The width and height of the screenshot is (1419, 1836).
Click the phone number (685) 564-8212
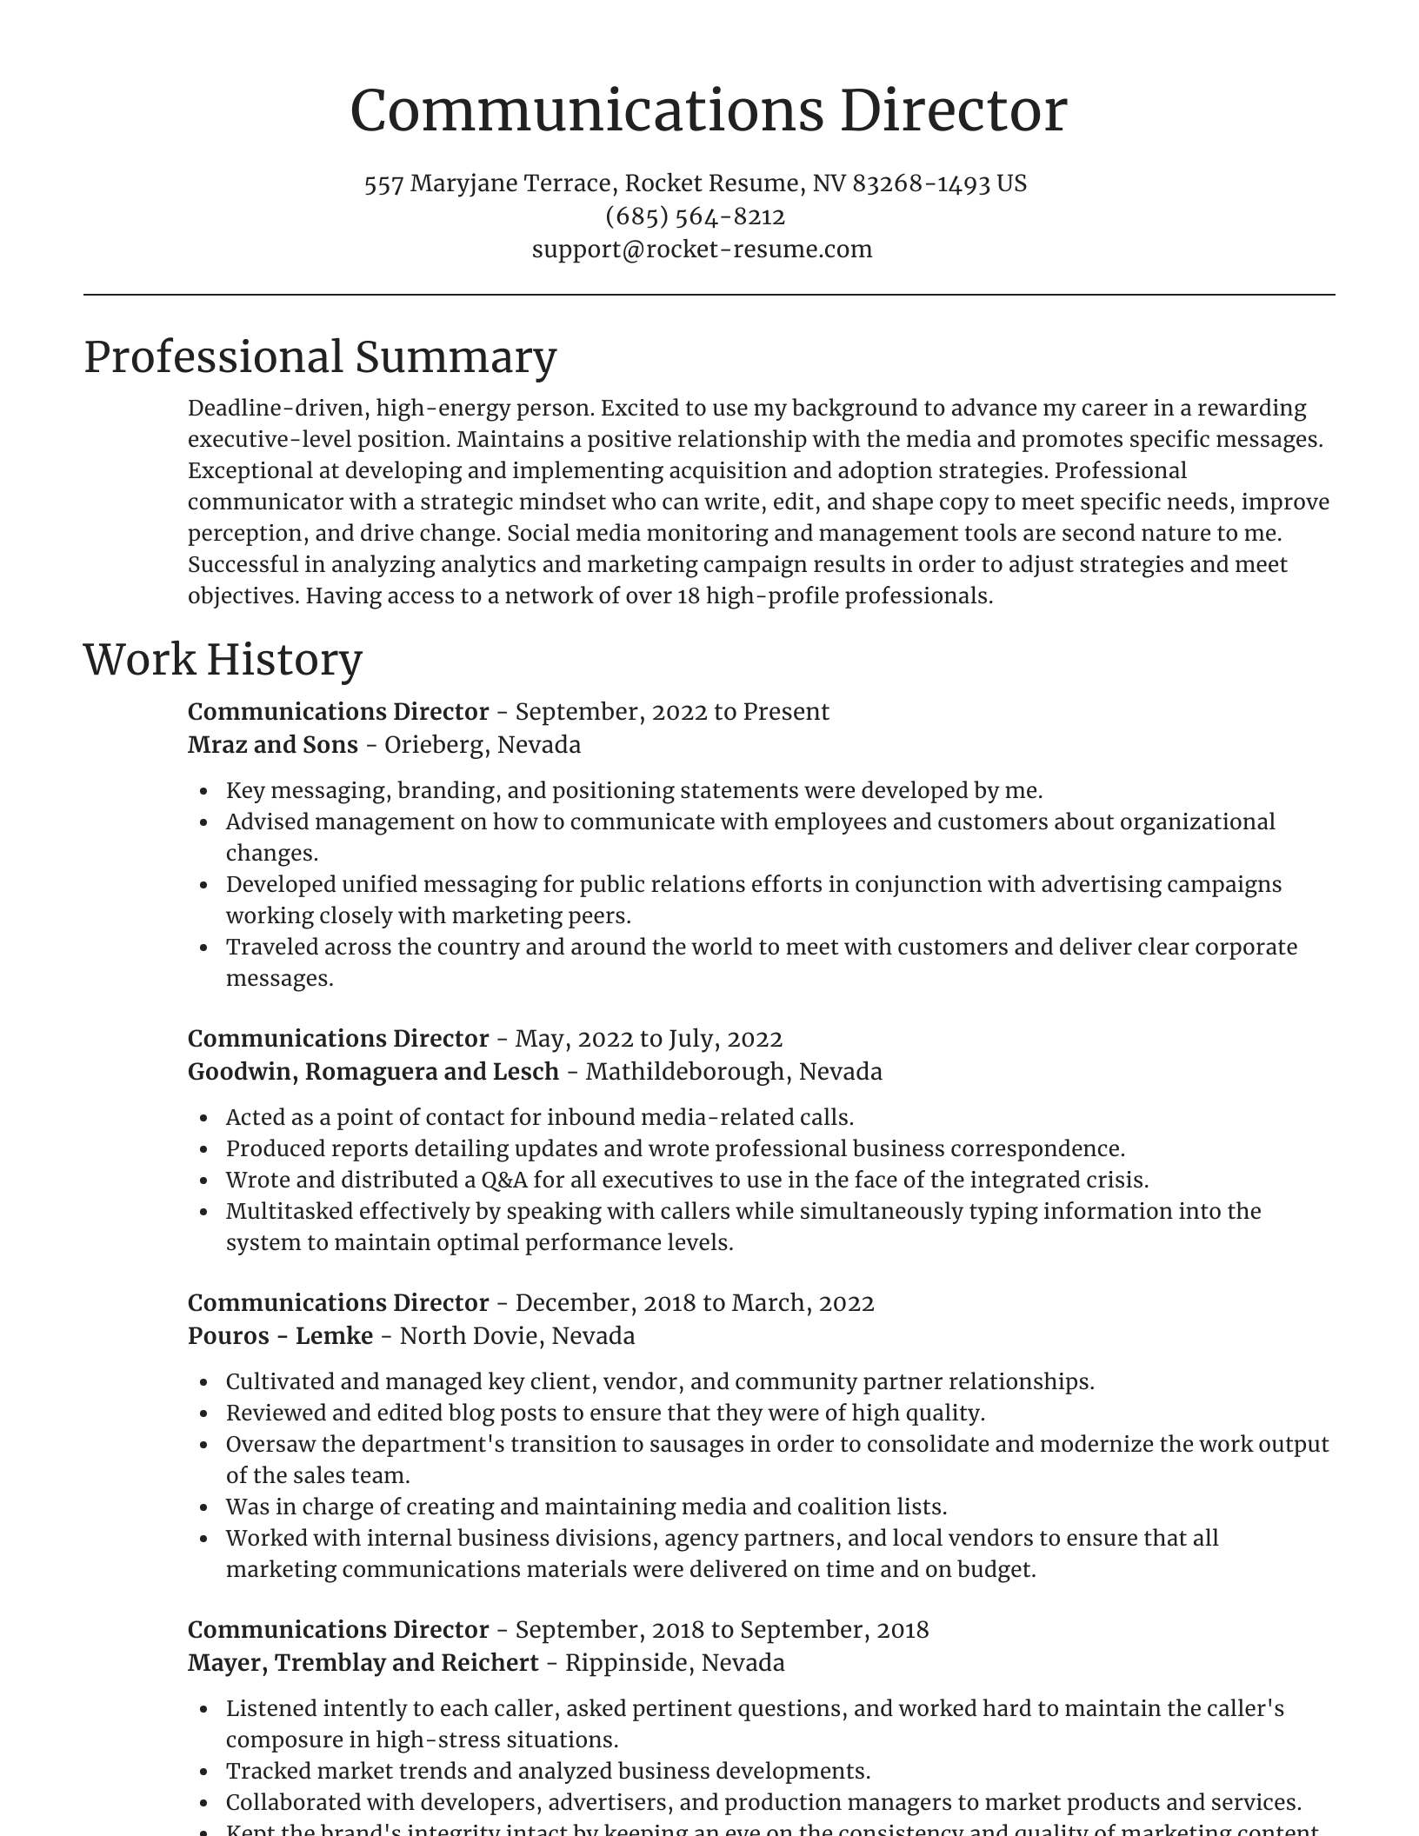(x=695, y=216)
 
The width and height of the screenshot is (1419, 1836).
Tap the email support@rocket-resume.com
(x=702, y=249)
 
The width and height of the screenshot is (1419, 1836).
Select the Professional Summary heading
(x=320, y=357)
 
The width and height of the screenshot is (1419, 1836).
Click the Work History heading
(x=223, y=660)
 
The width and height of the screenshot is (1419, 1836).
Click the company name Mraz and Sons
(x=273, y=745)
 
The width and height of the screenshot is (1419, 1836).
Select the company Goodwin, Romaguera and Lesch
(x=373, y=1072)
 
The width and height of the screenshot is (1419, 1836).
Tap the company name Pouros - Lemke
(x=280, y=1336)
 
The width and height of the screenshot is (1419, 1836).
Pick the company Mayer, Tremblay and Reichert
(x=363, y=1663)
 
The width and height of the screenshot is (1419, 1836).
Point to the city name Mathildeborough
(x=684, y=1072)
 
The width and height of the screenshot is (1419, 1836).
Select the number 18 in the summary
(x=688, y=596)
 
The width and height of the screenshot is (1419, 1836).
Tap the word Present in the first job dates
(x=786, y=712)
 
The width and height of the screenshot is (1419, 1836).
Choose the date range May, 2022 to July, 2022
(x=649, y=1039)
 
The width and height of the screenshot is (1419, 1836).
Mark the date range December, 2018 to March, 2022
(x=694, y=1303)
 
